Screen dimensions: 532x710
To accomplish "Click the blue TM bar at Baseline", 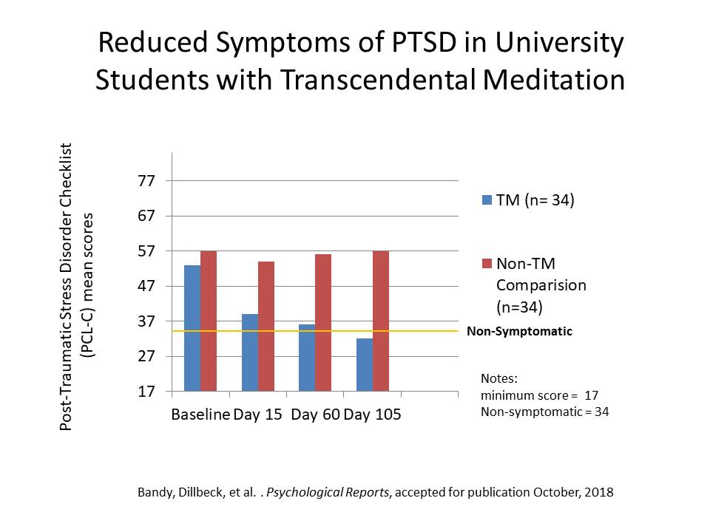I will click(x=192, y=328).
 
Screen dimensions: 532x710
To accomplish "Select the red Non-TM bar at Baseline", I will click(x=209, y=321).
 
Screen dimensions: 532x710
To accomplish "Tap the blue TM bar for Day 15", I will click(x=250, y=352).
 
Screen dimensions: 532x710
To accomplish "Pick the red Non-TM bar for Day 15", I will click(x=266, y=326).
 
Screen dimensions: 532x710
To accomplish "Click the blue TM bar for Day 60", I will click(x=307, y=358).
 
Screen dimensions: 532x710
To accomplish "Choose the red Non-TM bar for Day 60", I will click(x=323, y=322).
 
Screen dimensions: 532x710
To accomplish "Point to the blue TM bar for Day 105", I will click(x=365, y=364).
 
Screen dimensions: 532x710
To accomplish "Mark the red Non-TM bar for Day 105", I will click(x=381, y=321).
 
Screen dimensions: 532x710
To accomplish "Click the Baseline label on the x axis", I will click(x=200, y=415).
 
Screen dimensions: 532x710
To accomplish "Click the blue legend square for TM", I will click(x=487, y=199).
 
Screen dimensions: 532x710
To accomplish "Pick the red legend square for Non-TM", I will click(x=487, y=264).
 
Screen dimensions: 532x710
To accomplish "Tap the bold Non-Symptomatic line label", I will click(x=519, y=331).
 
